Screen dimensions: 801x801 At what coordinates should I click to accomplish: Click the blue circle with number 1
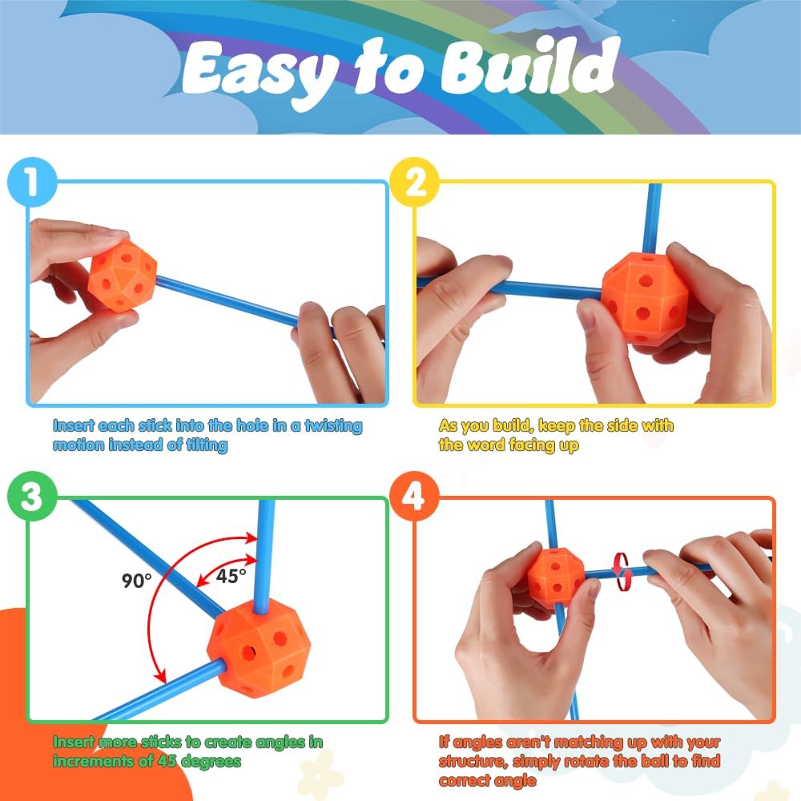(32, 182)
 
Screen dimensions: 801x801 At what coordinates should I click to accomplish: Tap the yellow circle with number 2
(414, 182)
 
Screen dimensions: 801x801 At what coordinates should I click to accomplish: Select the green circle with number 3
(32, 496)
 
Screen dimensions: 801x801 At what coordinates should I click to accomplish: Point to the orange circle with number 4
(414, 496)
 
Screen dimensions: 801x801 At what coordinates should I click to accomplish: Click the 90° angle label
(136, 580)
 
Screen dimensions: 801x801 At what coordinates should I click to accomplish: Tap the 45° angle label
(231, 576)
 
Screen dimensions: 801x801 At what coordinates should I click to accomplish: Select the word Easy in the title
(259, 74)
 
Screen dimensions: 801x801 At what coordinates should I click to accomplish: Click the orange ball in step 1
(123, 276)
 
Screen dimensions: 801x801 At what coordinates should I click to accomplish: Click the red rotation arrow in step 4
(622, 572)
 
